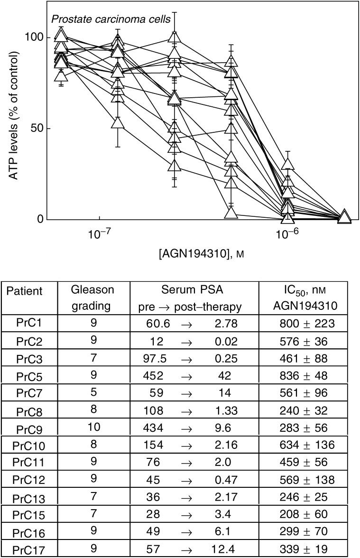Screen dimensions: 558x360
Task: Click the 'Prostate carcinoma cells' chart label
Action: pos(94,20)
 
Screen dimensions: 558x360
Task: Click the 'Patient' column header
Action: pos(28,291)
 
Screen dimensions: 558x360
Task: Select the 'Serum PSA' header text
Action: pos(194,291)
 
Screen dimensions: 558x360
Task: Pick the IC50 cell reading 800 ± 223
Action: pos(307,324)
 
